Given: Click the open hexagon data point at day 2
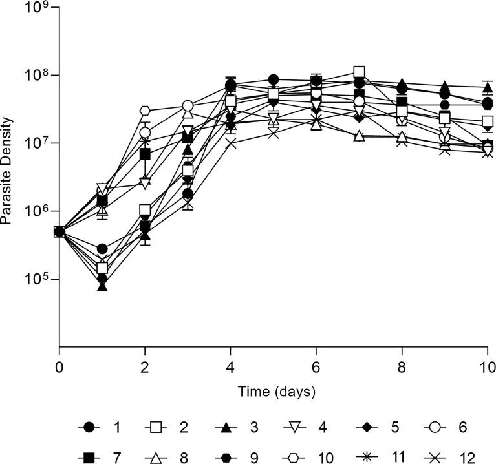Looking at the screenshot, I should (x=145, y=111).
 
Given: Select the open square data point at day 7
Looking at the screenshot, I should (x=359, y=72).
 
